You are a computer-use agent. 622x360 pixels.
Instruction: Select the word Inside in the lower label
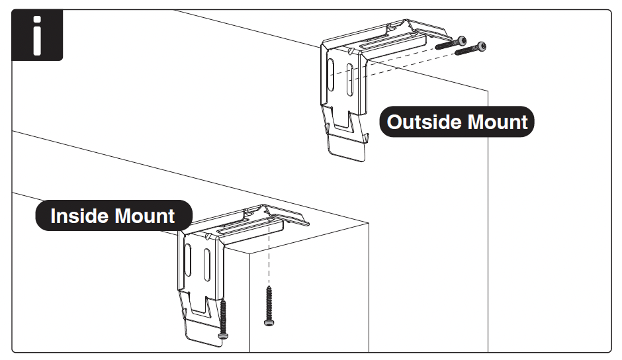(79, 216)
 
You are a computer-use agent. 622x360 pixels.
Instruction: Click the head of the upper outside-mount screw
(461, 40)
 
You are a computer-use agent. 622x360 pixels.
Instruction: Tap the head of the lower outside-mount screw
(481, 46)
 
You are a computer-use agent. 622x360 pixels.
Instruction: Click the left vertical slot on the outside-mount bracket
(330, 71)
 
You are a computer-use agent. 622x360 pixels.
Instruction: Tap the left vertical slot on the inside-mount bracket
(189, 260)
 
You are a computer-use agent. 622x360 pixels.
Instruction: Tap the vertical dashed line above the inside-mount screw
(269, 261)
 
